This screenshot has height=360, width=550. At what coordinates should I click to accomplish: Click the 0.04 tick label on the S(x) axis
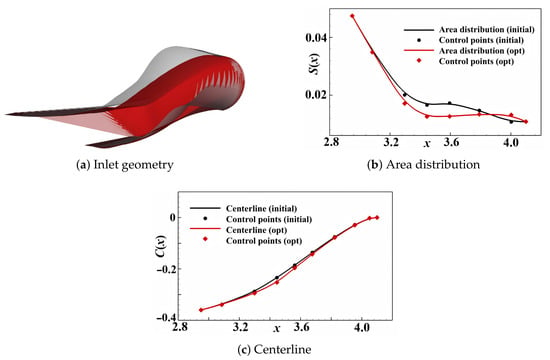317,37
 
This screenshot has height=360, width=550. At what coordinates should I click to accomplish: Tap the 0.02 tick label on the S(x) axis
317,95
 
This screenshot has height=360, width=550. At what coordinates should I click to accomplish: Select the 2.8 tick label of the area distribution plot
331,142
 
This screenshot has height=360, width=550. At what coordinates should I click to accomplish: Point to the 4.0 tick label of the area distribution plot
511,142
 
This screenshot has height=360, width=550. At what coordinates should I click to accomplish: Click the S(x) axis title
315,64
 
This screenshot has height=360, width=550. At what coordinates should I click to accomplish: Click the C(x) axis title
161,246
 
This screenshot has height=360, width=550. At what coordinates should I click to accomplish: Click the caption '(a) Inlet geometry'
125,165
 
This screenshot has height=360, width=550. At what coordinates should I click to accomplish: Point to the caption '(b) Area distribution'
423,165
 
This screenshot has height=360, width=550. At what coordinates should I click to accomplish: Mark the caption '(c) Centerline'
274,349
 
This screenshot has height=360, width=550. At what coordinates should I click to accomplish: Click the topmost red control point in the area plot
352,16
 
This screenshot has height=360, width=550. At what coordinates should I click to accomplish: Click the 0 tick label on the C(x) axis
172,218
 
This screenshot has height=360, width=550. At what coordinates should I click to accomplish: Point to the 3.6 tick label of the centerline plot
301,327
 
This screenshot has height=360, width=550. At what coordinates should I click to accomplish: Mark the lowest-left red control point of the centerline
201,310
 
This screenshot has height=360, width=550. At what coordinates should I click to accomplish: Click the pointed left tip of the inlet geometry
5,114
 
